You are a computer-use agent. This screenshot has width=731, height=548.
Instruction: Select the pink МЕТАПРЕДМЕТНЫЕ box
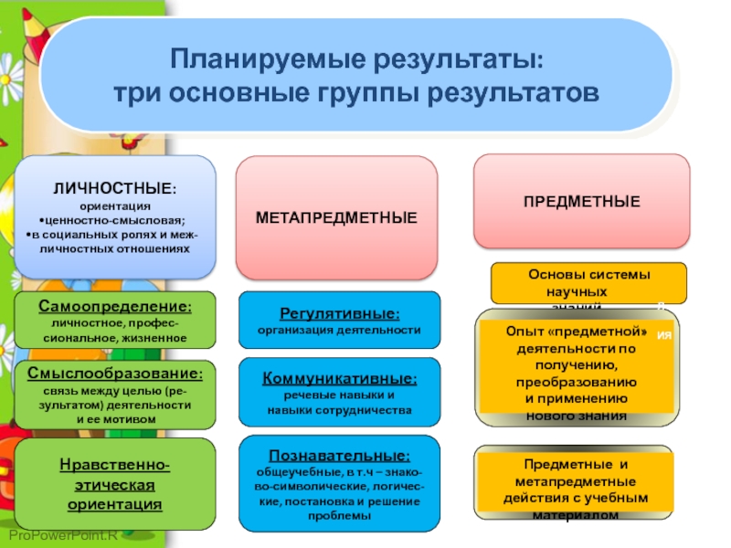336,217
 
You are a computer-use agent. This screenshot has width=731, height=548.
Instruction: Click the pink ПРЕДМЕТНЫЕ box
581,201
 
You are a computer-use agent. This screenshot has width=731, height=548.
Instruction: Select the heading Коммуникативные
339,378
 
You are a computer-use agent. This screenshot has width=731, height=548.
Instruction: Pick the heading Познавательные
339,455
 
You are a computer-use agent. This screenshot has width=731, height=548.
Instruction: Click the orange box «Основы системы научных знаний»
588,283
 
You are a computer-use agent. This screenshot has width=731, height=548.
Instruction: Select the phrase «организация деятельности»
339,329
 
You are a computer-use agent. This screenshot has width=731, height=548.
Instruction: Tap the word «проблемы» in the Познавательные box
339,516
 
